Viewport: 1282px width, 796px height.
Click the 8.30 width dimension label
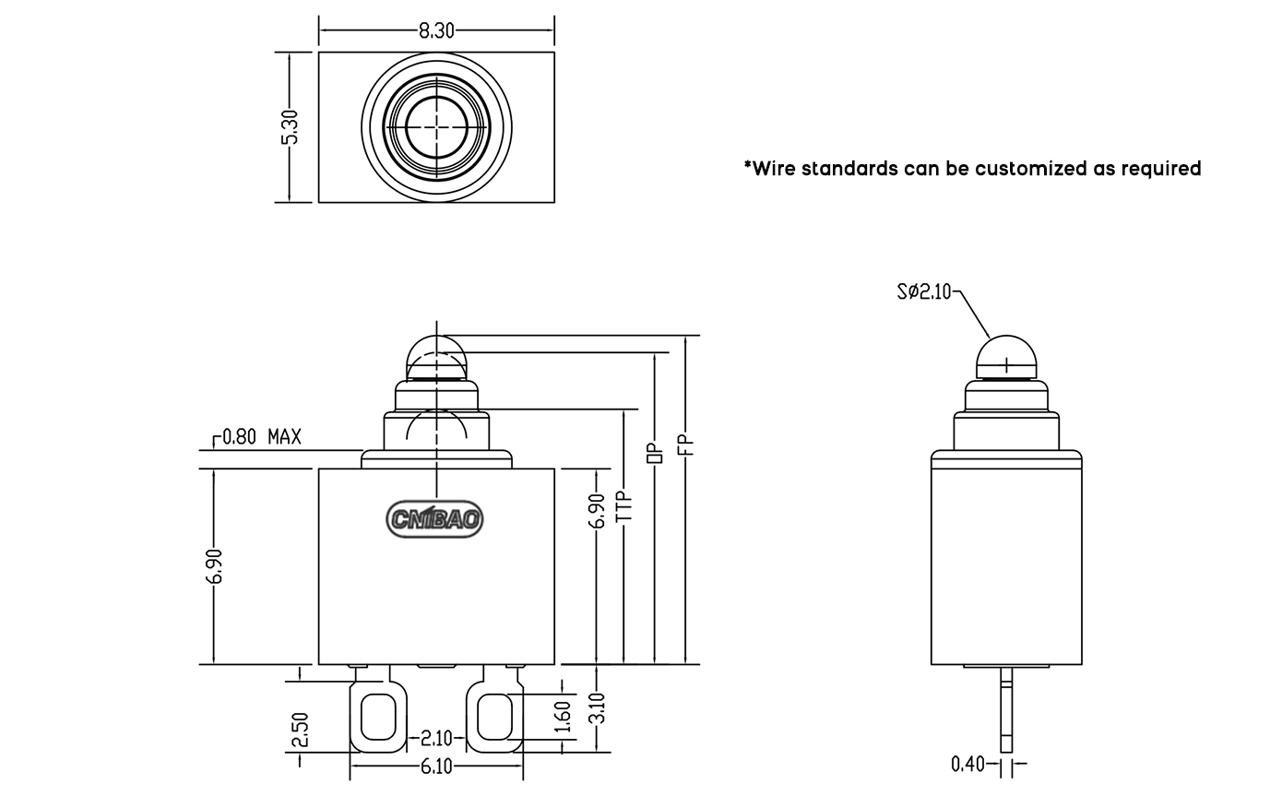click(x=436, y=30)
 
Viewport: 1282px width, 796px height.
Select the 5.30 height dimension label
click(x=291, y=127)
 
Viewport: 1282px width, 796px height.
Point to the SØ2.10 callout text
click(x=924, y=291)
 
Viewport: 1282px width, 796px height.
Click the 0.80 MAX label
click(x=262, y=437)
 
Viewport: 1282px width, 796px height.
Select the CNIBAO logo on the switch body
click(x=434, y=519)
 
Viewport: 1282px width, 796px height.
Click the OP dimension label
click(x=655, y=453)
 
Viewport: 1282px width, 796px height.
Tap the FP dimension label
click(x=685, y=446)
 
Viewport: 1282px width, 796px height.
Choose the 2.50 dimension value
click(x=300, y=730)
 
